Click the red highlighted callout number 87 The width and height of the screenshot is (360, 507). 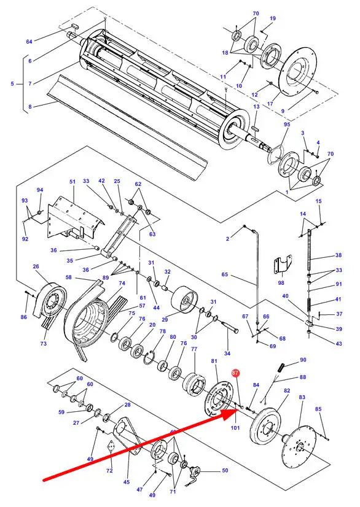pyautogui.click(x=235, y=373)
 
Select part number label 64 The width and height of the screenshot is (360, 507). pyautogui.click(x=29, y=41)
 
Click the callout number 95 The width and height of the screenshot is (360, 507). pyautogui.click(x=287, y=124)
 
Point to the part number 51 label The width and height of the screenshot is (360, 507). pyautogui.click(x=72, y=182)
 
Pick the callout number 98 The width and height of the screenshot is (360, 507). pyautogui.click(x=281, y=282)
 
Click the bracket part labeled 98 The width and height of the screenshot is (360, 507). pyautogui.click(x=283, y=264)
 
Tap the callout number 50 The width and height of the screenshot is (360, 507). pyautogui.click(x=225, y=470)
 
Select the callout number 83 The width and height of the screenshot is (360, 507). pyautogui.click(x=302, y=397)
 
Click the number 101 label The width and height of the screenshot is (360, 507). pyautogui.click(x=235, y=428)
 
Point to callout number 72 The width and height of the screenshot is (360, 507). pyautogui.click(x=109, y=471)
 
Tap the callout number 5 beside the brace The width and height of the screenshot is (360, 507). pyautogui.click(x=12, y=83)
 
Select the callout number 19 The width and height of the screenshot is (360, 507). pyautogui.click(x=273, y=18)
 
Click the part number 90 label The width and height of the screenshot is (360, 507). pyautogui.click(x=303, y=360)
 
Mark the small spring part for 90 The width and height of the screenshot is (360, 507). pyautogui.click(x=281, y=368)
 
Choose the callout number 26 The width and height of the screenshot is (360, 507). pyautogui.click(x=36, y=266)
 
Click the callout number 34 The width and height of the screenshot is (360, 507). pyautogui.click(x=227, y=354)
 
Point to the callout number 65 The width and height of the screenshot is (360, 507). pyautogui.click(x=225, y=274)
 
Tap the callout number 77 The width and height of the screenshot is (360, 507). pyautogui.click(x=194, y=349)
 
